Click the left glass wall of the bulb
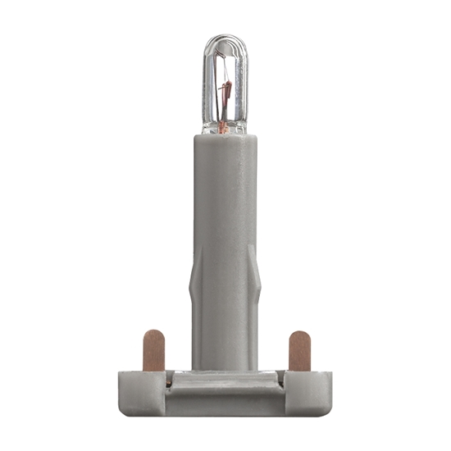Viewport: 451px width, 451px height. (207, 82)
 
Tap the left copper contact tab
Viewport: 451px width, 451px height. (153, 349)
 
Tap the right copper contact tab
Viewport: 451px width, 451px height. (300, 349)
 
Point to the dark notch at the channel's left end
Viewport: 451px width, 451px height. (168, 380)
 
